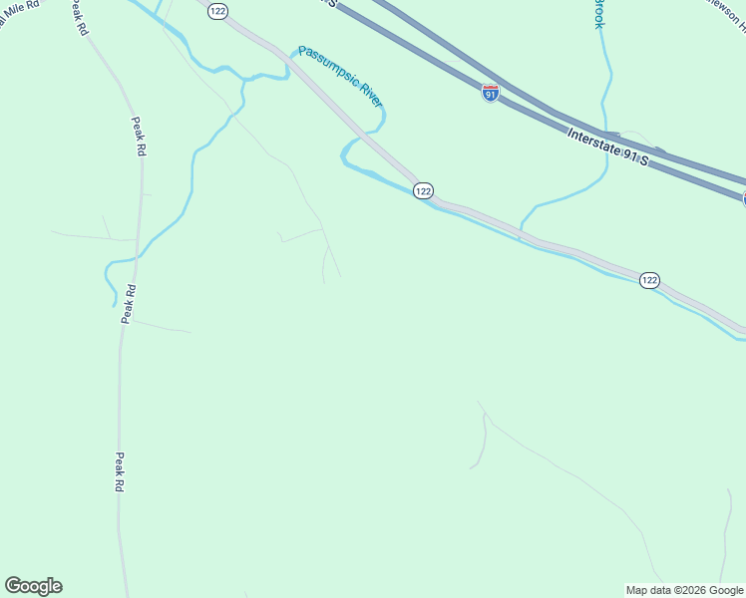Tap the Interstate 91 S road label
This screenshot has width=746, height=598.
click(607, 147)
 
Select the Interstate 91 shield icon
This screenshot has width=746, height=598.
click(490, 94)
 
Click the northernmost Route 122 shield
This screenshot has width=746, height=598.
click(217, 10)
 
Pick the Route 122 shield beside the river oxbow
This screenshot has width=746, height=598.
click(423, 190)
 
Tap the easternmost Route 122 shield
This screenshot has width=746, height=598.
click(649, 280)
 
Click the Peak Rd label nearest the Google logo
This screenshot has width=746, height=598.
click(120, 471)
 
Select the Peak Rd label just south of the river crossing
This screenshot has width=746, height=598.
click(129, 303)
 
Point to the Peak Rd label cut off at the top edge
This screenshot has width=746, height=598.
click(78, 18)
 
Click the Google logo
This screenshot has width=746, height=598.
click(33, 586)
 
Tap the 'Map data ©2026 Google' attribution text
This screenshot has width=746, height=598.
click(685, 590)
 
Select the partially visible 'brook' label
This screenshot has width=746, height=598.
click(598, 14)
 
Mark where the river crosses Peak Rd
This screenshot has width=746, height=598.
click(137, 258)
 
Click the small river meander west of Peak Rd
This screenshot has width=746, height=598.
click(110, 282)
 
